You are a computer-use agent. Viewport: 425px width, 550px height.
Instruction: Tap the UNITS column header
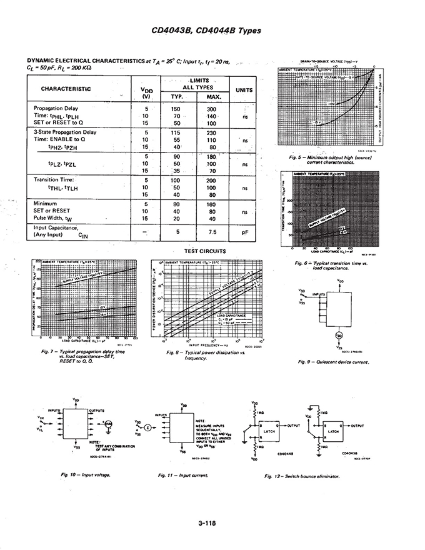pyautogui.click(x=244, y=90)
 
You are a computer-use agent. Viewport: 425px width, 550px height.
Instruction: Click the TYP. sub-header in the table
pyautogui.click(x=176, y=97)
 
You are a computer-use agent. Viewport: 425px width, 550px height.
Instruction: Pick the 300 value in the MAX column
pyautogui.click(x=211, y=109)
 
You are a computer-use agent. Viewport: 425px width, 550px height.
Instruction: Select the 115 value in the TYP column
pyautogui.click(x=176, y=132)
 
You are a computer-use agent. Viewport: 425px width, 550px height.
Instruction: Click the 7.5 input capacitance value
pyautogui.click(x=211, y=231)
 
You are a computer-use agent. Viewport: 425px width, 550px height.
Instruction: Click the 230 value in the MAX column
pyautogui.click(x=211, y=132)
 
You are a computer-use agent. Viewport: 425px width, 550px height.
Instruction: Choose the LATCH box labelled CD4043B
pyautogui.click(x=333, y=431)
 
